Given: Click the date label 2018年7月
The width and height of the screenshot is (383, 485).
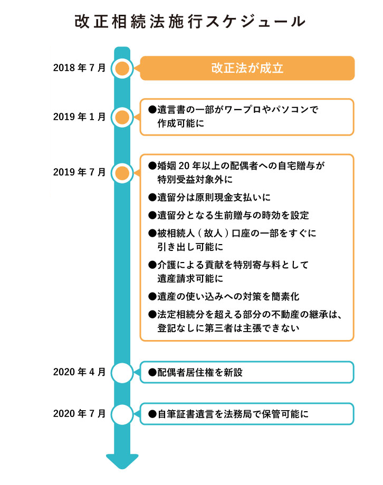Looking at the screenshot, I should [79, 68].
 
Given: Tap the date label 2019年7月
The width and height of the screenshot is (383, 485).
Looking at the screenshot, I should [79, 172].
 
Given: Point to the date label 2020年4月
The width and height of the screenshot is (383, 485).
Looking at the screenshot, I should [79, 372].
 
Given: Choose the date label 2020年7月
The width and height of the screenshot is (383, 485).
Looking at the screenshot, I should [79, 413].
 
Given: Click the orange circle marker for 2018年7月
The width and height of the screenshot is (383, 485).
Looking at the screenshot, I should [122, 68].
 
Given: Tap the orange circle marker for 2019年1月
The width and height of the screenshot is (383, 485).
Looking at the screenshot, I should [122, 117].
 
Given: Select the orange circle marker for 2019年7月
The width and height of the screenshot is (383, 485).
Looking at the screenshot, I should [122, 172].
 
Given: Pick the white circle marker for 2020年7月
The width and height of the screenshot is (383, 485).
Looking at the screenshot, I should [122, 414].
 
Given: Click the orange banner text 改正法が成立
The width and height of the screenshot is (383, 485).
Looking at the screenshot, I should [247, 68].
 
